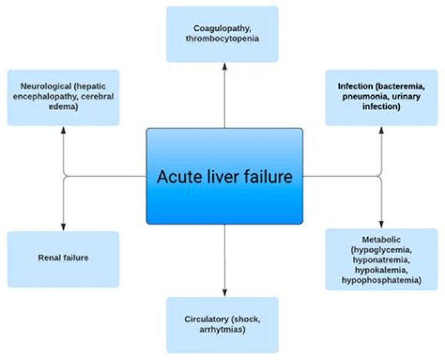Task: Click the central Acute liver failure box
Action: tap(224, 176)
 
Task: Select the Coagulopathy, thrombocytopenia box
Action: tap(222, 34)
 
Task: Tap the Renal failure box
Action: tap(63, 259)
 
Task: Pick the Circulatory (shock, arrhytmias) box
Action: tap(222, 325)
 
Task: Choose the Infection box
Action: tap(381, 98)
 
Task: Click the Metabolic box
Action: tap(381, 259)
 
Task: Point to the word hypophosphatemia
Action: tap(381, 280)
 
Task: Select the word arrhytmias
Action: tap(222, 330)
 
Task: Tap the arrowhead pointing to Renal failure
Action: tap(64, 227)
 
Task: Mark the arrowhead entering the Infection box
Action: tap(381, 130)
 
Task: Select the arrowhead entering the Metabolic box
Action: tap(381, 224)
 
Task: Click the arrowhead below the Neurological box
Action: tap(64, 130)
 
